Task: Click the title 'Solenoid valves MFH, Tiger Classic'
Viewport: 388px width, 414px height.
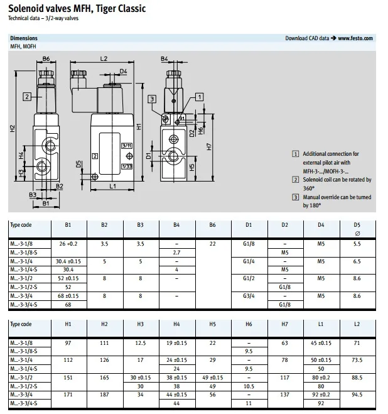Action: pyautogui.click(x=77, y=9)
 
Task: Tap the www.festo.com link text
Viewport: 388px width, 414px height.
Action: pyautogui.click(x=355, y=38)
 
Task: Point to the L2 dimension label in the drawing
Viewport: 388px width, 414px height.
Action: pyautogui.click(x=104, y=59)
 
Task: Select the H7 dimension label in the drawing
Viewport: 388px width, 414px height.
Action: pyautogui.click(x=208, y=147)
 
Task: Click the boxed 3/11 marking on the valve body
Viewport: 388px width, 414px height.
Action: pyautogui.click(x=126, y=146)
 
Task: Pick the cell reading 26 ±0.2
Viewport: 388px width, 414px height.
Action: pyautogui.click(x=67, y=242)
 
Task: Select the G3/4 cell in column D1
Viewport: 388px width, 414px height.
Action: pyautogui.click(x=249, y=297)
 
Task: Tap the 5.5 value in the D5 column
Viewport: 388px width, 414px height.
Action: pyautogui.click(x=357, y=242)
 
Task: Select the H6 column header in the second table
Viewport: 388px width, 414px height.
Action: pyautogui.click(x=249, y=324)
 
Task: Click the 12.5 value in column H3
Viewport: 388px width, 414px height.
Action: pyautogui.click(x=141, y=343)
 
